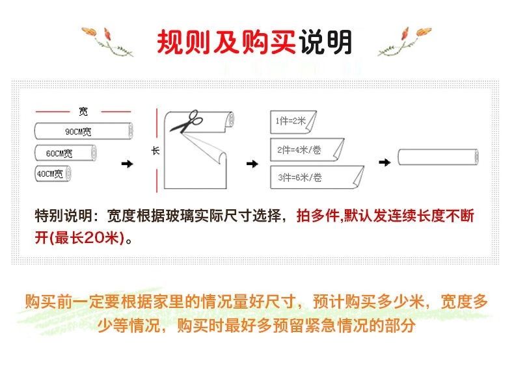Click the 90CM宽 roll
click(x=83, y=131)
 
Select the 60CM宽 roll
click(x=66, y=153)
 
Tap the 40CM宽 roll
click(x=53, y=174)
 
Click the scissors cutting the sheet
click(x=186, y=121)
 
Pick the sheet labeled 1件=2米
click(x=293, y=122)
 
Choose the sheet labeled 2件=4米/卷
click(x=307, y=149)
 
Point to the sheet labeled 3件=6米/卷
click(x=317, y=177)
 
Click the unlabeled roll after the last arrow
click(x=439, y=157)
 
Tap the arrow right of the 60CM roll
click(x=127, y=164)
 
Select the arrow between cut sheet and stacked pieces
click(x=252, y=164)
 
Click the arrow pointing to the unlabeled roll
click(x=385, y=162)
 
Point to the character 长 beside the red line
click(x=156, y=151)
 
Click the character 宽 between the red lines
click(x=83, y=112)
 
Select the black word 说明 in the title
click(x=325, y=42)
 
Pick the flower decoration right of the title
click(x=404, y=41)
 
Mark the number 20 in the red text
click(x=94, y=238)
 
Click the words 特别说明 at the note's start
click(x=64, y=216)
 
